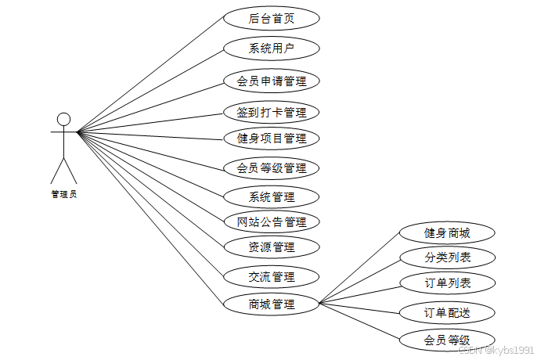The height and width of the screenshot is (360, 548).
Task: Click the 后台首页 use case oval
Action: coord(271,18)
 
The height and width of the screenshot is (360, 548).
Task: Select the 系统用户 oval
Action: coord(271,49)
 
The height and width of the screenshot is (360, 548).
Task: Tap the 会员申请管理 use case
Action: coord(271,81)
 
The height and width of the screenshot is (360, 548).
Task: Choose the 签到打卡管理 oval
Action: coord(271,112)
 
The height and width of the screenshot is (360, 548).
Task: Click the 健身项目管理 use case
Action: coord(271,139)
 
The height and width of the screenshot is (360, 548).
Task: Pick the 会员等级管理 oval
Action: coord(271,167)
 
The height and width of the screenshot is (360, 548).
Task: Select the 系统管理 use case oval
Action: coord(271,196)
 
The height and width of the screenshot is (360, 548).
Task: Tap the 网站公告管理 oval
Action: coord(271,221)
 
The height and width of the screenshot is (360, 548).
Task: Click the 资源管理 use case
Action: coord(271,247)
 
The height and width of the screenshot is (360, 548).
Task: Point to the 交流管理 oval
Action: coord(271,276)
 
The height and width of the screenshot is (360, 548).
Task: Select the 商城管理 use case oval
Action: coord(271,304)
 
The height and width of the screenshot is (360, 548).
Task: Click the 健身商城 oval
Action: coord(447,232)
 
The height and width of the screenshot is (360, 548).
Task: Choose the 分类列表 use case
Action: coord(447,257)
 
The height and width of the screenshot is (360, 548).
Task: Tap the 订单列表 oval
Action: coord(447,283)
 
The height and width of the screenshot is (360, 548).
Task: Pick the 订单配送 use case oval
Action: coord(447,312)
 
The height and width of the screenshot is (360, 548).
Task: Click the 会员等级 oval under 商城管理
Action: coord(447,340)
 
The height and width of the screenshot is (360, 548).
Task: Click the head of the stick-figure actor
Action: coord(64,119)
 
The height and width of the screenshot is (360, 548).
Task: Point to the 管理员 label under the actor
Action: coord(64,194)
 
